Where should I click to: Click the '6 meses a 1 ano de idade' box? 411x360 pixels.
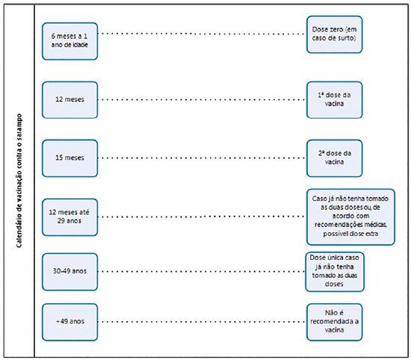tap(69, 41)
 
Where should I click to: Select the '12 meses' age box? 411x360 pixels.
tap(69, 100)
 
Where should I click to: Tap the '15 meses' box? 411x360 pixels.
tap(69, 158)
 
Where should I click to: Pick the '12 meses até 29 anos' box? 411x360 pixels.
tap(69, 217)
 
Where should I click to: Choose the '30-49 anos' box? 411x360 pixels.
tap(69, 272)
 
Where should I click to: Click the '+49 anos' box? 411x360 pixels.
tap(69, 322)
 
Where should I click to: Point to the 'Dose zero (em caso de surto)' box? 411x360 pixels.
tap(335, 34)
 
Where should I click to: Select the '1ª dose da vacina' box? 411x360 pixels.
tap(335, 100)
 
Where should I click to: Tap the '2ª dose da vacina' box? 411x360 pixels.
tap(335, 158)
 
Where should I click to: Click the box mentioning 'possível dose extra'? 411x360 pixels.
tap(350, 217)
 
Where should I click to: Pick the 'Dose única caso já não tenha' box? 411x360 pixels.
tap(335, 272)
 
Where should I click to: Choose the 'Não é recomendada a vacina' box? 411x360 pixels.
tap(335, 322)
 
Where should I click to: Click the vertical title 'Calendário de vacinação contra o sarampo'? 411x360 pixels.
tap(19, 181)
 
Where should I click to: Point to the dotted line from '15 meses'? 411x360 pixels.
tap(202, 158)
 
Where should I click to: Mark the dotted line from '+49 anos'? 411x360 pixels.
tap(202, 322)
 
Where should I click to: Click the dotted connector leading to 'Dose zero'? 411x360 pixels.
tap(202, 34)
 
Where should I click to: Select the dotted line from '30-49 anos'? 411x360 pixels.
tap(201, 271)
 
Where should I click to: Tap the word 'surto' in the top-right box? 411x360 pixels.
tap(346, 38)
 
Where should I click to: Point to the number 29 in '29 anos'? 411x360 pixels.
tap(61, 220)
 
